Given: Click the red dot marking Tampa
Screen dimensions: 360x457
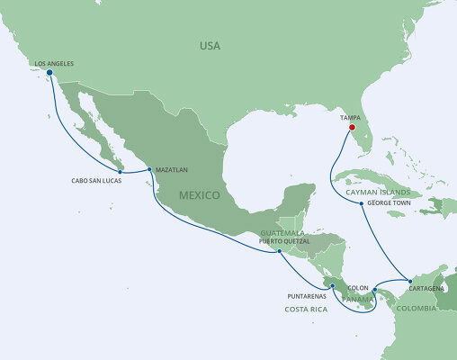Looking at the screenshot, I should [x=351, y=127].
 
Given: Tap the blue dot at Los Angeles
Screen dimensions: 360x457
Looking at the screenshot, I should [x=49, y=74].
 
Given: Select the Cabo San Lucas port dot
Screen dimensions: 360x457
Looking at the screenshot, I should [x=121, y=171].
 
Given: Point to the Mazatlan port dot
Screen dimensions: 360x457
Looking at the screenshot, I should [x=148, y=168].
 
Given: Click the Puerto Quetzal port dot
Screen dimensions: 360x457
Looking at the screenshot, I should [x=280, y=251].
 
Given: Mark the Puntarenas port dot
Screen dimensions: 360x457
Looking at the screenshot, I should [x=333, y=286].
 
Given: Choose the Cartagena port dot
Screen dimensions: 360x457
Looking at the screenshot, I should [x=409, y=282].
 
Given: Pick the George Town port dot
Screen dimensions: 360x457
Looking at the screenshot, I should [x=362, y=203].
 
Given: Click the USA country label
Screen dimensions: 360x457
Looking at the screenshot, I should [x=211, y=45].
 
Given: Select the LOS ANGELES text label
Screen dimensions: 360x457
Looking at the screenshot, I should [x=53, y=64].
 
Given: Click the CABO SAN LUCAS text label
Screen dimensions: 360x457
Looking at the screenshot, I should [x=95, y=180].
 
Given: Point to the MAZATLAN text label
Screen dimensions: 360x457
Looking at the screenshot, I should [x=172, y=168].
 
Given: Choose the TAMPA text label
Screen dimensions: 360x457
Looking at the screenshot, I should [x=351, y=117].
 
